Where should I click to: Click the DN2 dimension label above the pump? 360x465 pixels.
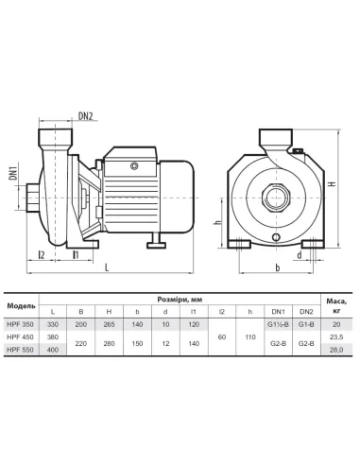click(86, 116)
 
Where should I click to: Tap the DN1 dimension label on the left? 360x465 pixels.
click(13, 171)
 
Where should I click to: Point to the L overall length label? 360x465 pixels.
click(108, 267)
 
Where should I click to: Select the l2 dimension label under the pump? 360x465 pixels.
click(42, 254)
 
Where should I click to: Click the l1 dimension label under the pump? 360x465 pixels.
click(76, 254)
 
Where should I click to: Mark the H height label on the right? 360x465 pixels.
click(333, 183)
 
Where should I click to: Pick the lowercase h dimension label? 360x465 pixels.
click(217, 221)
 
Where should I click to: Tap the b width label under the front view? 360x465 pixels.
click(278, 267)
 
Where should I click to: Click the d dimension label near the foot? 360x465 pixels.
click(299, 255)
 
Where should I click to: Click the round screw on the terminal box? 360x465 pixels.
click(134, 165)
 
